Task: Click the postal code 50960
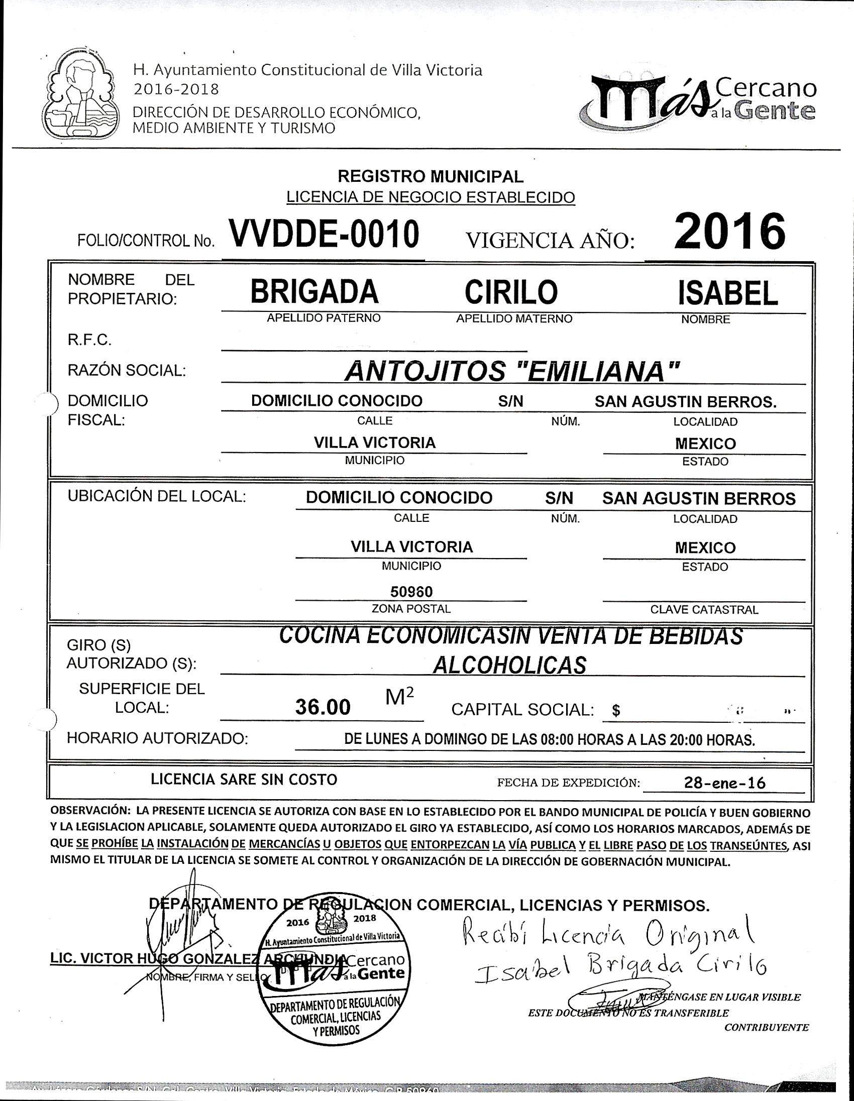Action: (411, 591)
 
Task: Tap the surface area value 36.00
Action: (323, 707)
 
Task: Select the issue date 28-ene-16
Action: (724, 783)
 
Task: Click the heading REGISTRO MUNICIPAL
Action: (430, 176)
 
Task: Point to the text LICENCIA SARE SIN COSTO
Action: (244, 780)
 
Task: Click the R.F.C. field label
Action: (89, 340)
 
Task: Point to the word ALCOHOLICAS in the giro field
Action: (510, 666)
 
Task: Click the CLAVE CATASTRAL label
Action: (704, 609)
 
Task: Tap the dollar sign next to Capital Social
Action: (615, 711)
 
